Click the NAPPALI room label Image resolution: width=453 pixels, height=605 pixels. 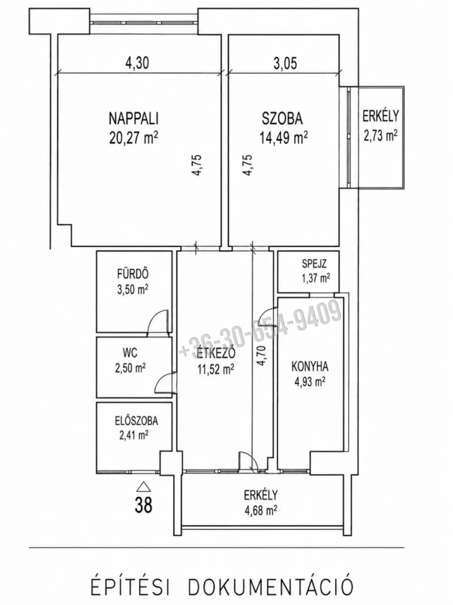pyautogui.click(x=134, y=119)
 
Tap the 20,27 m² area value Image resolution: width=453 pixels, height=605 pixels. pyautogui.click(x=134, y=138)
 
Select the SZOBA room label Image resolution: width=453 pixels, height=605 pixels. pyautogui.click(x=282, y=119)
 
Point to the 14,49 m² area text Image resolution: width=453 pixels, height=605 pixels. pyautogui.click(x=284, y=138)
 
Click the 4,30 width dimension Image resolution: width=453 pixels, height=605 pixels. pyautogui.click(x=137, y=62)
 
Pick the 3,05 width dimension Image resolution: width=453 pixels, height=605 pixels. pyautogui.click(x=285, y=62)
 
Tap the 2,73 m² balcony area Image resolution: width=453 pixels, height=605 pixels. pyautogui.click(x=381, y=135)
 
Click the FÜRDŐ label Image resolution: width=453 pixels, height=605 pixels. pyautogui.click(x=133, y=274)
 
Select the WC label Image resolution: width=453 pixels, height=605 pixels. pyautogui.click(x=130, y=353)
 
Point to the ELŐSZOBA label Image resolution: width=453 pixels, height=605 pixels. pyautogui.click(x=136, y=421)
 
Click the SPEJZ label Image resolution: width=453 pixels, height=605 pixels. pyautogui.click(x=314, y=264)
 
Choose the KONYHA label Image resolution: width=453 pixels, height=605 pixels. pyautogui.click(x=310, y=367)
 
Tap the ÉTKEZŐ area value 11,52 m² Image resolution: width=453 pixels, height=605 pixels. pyautogui.click(x=216, y=369)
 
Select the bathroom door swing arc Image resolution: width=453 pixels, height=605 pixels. pyautogui.click(x=154, y=316)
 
